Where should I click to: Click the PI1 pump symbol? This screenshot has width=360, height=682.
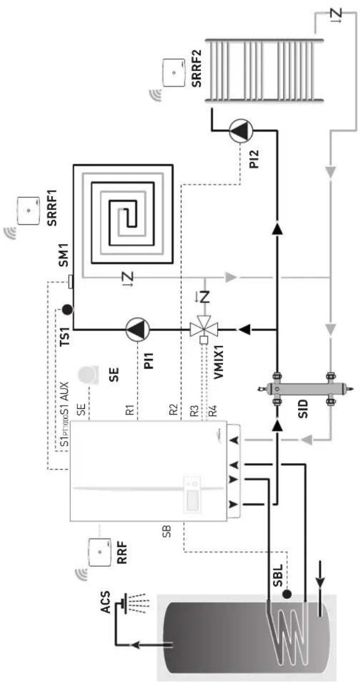point(137,329)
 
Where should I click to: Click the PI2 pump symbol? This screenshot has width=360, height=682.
point(241,130)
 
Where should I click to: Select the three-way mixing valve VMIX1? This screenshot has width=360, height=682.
point(204,328)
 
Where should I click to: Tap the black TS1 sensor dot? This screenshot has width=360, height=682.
point(67,310)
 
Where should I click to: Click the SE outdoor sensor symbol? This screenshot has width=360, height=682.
point(89,375)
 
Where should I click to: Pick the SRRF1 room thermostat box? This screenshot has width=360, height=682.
point(28,211)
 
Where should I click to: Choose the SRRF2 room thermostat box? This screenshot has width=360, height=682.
point(174,73)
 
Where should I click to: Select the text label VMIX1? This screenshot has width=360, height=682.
point(219,362)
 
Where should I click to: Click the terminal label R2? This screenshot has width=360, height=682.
point(173,409)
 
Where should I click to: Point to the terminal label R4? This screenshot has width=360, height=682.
point(212,410)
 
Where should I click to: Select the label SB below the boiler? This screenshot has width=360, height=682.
point(167,531)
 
